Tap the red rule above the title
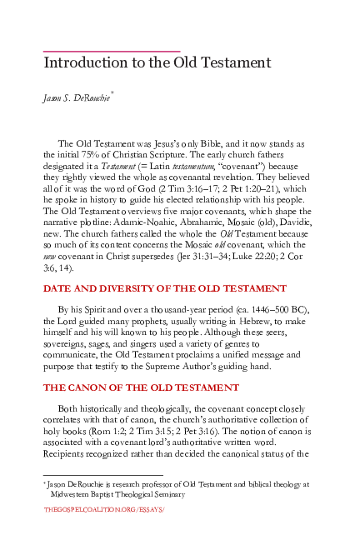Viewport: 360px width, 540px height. pyautogui.click(x=112, y=52)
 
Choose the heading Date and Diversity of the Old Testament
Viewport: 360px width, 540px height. pyautogui.click(x=165, y=288)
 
